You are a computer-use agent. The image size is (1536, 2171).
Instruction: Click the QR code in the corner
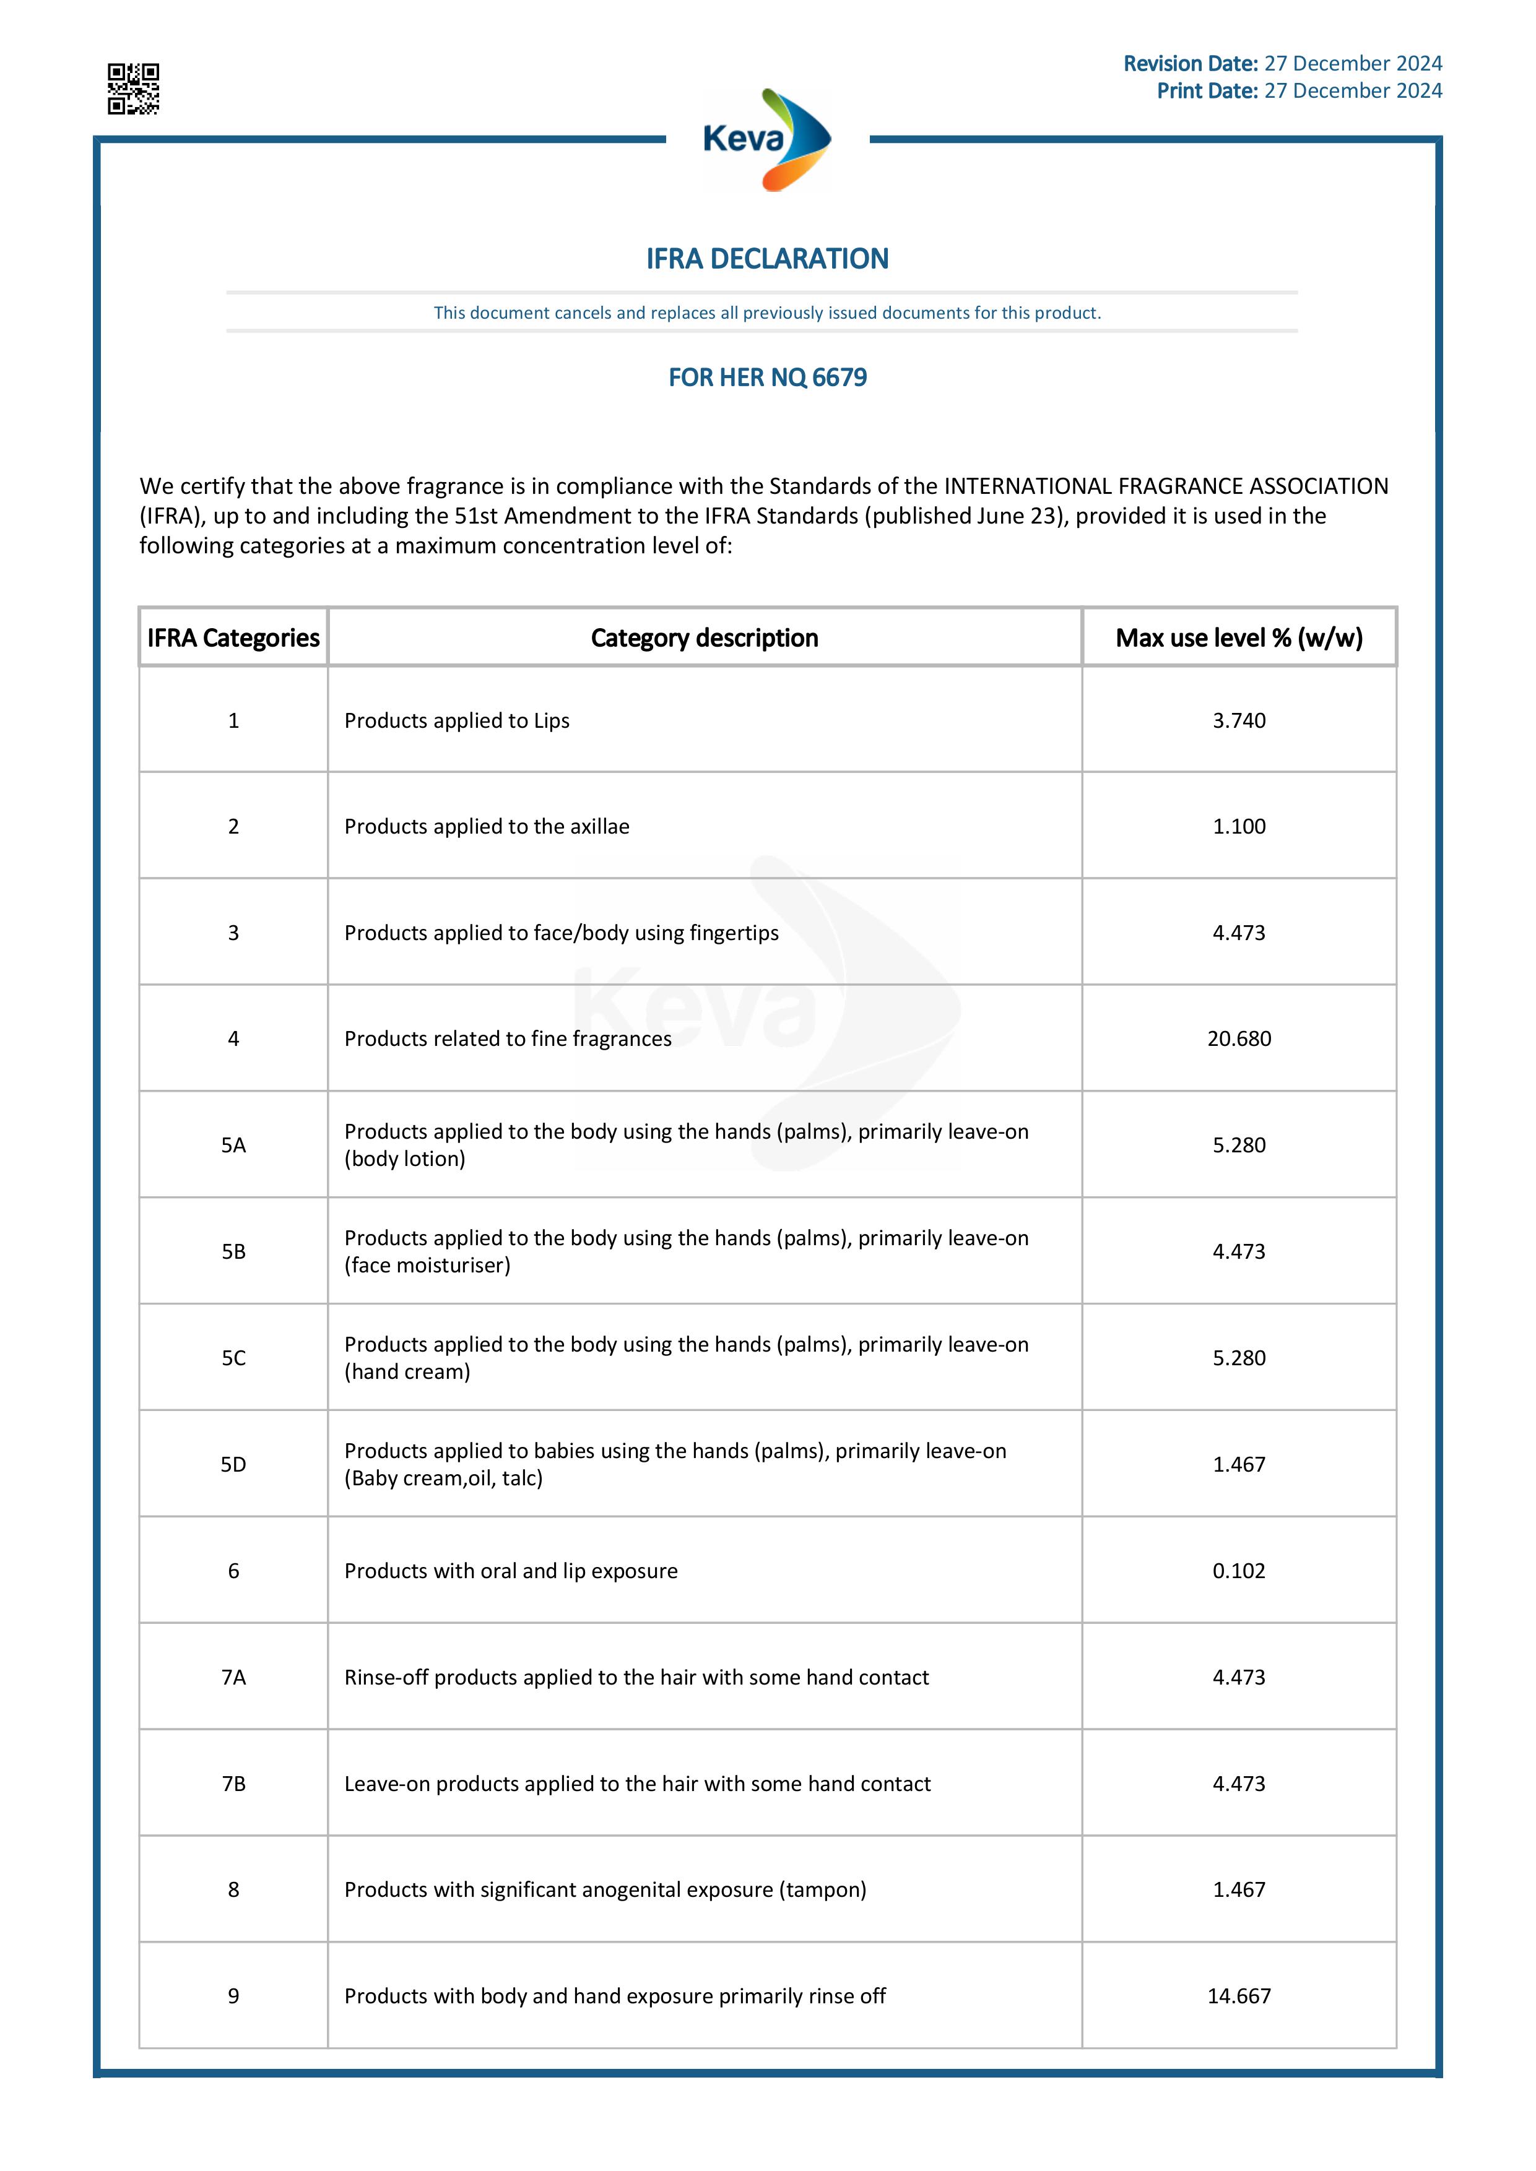(132, 89)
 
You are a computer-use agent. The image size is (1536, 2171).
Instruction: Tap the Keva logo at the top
(767, 140)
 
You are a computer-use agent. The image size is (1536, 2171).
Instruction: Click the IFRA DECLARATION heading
(767, 259)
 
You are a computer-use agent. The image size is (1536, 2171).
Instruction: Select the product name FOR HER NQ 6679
(767, 378)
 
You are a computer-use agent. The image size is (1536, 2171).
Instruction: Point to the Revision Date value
(1353, 63)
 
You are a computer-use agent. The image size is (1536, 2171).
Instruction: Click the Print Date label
(1206, 91)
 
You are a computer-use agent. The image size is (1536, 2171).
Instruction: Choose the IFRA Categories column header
(233, 638)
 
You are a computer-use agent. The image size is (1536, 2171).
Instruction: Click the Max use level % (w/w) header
(1238, 638)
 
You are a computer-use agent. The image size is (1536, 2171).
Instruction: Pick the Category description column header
(705, 638)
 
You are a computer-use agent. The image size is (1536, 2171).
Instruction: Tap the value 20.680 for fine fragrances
(1239, 1038)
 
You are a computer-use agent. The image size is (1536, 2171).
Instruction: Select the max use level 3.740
(1239, 720)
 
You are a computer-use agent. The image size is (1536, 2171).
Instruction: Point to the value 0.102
(1239, 1571)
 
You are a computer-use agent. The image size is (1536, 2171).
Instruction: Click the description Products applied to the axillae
(486, 826)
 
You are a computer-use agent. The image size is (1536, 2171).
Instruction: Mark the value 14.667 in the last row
(1239, 1996)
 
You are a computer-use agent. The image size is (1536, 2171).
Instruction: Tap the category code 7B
(233, 1784)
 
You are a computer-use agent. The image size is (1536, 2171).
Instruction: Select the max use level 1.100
(1239, 826)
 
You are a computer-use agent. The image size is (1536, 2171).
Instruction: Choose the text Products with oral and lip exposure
(511, 1571)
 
